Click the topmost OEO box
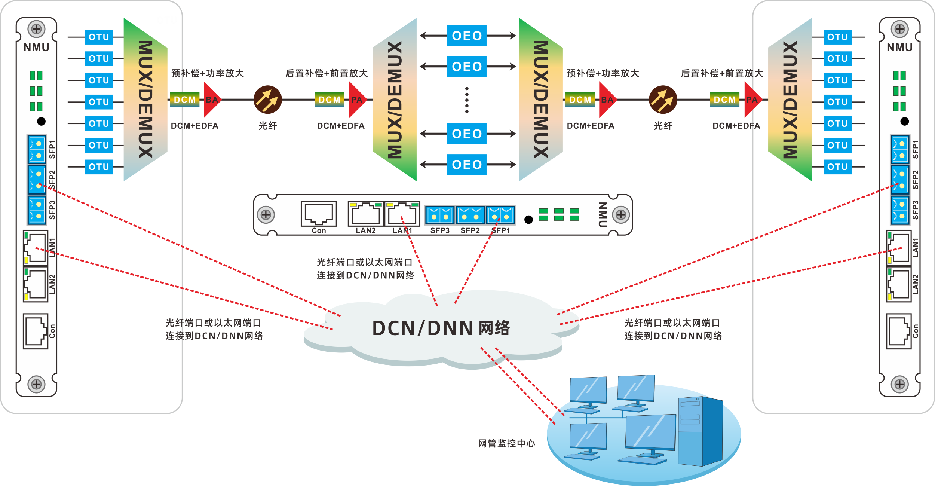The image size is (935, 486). [467, 36]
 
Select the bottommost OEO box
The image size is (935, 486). [467, 165]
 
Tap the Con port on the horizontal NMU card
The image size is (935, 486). [319, 214]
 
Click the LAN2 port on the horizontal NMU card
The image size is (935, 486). [365, 214]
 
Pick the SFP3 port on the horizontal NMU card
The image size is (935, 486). [440, 216]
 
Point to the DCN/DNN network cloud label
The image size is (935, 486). [441, 328]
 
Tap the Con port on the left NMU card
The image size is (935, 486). [36, 331]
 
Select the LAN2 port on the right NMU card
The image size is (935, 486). [899, 284]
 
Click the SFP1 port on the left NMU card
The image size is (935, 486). [37, 149]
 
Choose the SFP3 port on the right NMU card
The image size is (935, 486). [900, 210]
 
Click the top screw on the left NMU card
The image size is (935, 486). [37, 29]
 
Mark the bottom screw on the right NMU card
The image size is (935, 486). [899, 384]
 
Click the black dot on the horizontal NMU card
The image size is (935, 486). [528, 220]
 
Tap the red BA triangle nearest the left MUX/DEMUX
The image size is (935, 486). [212, 100]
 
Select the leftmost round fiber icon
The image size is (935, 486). [267, 100]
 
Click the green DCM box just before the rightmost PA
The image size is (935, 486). [724, 100]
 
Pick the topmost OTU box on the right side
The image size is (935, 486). [837, 37]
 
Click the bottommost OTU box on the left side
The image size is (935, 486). [99, 167]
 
